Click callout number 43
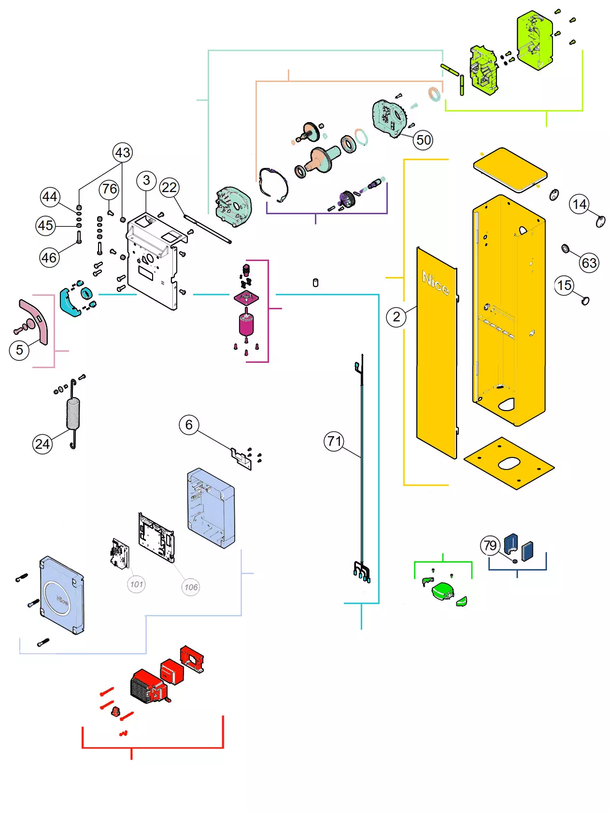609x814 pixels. click(123, 152)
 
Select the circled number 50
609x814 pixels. click(424, 140)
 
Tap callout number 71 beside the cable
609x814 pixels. click(334, 441)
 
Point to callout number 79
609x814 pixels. click(490, 545)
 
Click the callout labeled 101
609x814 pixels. click(137, 584)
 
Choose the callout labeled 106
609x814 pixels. click(191, 587)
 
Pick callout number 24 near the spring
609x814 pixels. click(42, 444)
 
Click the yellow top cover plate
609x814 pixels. click(510, 169)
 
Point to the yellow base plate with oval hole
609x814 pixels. click(509, 463)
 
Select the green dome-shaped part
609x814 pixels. click(443, 591)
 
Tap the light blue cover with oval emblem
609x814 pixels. click(62, 595)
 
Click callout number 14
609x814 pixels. click(580, 204)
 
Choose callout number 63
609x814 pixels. click(589, 263)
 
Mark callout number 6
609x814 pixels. click(189, 425)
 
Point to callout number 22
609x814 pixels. click(169, 187)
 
